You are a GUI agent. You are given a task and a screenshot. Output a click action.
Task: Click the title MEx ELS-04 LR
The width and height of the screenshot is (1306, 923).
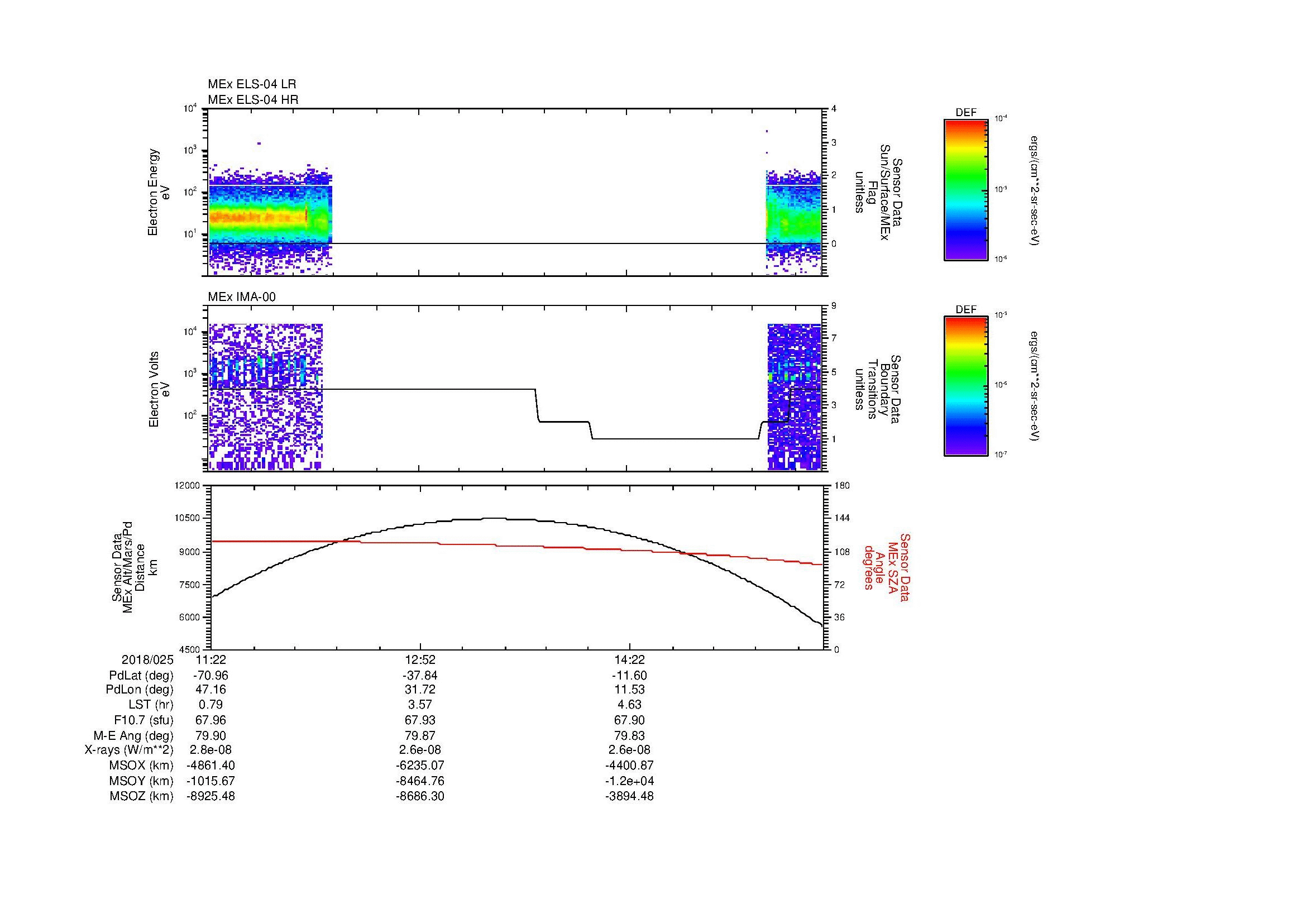(x=252, y=84)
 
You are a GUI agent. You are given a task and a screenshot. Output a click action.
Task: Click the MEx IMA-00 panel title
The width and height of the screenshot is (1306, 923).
(x=242, y=296)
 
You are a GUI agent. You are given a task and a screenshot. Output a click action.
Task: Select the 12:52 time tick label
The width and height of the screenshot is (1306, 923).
(x=420, y=659)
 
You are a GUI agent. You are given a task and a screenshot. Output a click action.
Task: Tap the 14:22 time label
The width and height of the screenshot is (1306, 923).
(x=629, y=659)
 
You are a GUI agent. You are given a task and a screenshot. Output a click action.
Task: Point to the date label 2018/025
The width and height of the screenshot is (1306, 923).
(x=147, y=659)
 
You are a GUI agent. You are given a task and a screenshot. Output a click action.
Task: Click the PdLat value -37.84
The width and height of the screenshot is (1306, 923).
(x=420, y=676)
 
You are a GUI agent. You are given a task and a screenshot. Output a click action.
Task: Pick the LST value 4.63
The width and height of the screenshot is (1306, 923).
(x=629, y=705)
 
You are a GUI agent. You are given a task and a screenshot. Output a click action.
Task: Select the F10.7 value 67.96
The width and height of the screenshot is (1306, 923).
(x=211, y=720)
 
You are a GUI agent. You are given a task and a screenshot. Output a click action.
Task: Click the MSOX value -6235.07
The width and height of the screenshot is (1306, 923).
(x=420, y=766)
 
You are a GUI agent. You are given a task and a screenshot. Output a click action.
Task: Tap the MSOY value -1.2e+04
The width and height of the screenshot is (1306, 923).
(x=629, y=781)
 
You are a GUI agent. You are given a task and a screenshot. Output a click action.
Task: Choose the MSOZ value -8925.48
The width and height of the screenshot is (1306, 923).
(x=211, y=796)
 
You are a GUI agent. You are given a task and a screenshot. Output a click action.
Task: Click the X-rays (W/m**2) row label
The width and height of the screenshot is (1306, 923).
(x=128, y=750)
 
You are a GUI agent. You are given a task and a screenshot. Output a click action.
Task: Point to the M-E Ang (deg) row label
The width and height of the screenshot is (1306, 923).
(x=133, y=735)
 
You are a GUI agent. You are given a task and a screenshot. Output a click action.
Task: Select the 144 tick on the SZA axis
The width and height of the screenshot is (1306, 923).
(x=842, y=518)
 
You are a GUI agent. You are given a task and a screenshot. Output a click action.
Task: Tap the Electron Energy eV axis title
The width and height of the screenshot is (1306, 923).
(x=159, y=192)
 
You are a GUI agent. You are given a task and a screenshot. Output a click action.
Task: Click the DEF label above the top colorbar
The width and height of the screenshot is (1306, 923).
(x=966, y=113)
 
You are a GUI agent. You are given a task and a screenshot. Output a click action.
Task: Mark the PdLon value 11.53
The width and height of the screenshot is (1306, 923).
(x=629, y=690)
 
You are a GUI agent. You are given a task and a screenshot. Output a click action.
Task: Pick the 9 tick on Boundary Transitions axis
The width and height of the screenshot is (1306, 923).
(x=834, y=306)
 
